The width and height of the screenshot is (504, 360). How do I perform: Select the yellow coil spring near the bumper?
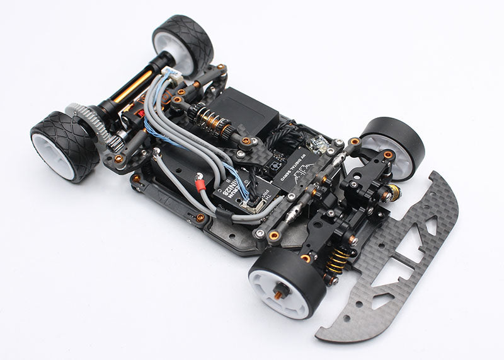coord(339,260)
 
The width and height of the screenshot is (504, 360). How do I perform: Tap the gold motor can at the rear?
coord(133,86)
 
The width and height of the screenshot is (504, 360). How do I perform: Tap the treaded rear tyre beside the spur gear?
coord(63,145)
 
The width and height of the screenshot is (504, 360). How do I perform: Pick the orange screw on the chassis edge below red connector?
coord(200,218)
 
